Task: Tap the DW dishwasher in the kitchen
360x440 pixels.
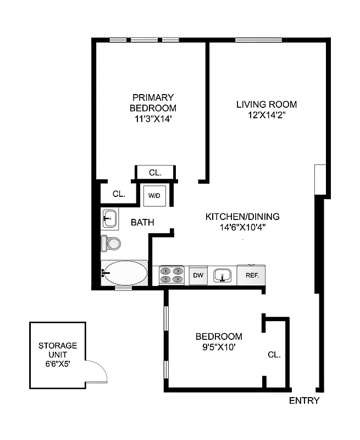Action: pos(198,274)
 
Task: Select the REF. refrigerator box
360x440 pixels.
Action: pos(252,274)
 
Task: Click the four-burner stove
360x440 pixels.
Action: pos(171,274)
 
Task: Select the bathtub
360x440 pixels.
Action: pos(125,273)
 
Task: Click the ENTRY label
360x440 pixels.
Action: pos(304,400)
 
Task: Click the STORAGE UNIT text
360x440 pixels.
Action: pos(58,350)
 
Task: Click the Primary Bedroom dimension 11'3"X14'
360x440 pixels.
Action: pos(153,118)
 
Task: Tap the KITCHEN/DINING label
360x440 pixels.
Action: pos(242,216)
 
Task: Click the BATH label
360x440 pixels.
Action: pos(142,223)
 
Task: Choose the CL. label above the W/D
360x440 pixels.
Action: pos(155,173)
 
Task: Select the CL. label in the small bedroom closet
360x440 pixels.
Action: pos(274,355)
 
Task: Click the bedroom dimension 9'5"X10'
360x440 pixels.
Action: pos(219,347)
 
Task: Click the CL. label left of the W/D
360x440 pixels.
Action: pos(119,194)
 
